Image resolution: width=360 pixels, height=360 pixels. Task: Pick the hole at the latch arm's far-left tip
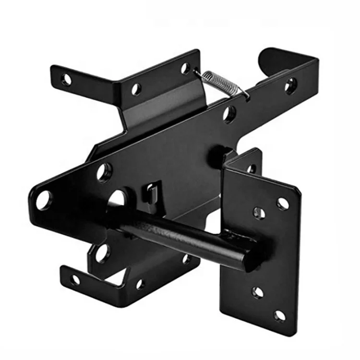pos(43,200)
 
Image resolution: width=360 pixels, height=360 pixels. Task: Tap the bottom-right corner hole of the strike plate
pos(280,315)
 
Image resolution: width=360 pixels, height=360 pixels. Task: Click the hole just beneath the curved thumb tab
pos(290,87)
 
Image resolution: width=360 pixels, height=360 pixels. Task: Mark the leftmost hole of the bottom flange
pos(75,279)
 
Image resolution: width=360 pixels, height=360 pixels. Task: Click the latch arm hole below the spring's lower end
pos(229,114)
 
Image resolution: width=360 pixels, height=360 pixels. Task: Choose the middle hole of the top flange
pos(136,89)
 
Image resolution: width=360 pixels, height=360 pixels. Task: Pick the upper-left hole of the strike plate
pos(260,212)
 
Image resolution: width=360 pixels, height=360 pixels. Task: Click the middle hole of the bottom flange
pos(140,284)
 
